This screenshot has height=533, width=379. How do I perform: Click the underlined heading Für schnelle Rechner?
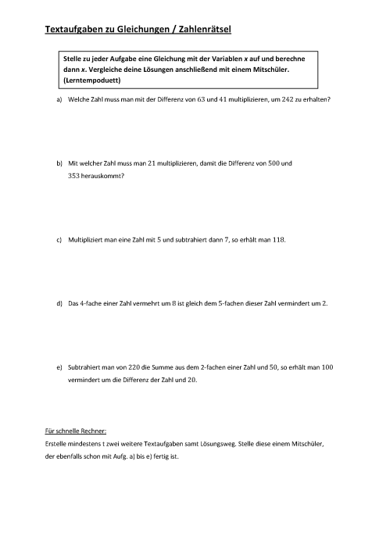76,431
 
